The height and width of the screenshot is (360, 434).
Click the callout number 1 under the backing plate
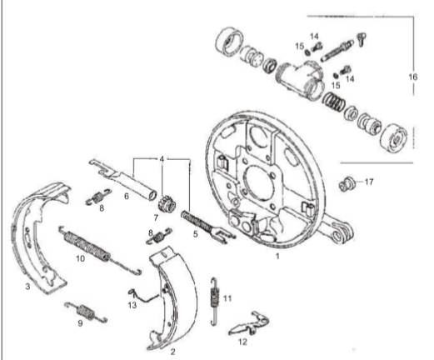(277, 259)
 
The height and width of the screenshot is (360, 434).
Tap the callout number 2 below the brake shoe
(172, 352)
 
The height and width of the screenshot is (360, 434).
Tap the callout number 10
(80, 258)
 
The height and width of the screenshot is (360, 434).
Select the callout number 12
(242, 340)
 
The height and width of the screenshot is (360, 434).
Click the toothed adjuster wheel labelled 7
(165, 202)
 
